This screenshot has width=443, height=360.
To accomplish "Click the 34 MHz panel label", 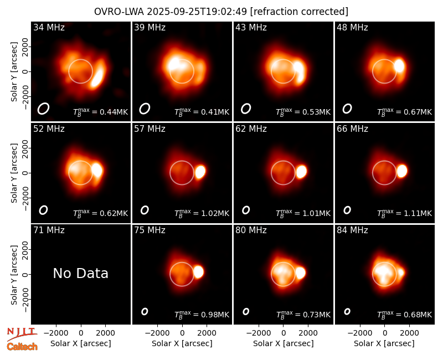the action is (49, 27).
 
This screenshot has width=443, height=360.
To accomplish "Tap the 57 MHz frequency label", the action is (150, 129).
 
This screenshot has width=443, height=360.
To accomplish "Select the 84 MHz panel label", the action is (352, 230).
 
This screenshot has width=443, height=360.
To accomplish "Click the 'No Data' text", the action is (80, 273).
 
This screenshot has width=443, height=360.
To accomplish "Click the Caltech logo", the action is (22, 347).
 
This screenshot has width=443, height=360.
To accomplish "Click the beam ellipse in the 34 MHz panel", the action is (43, 109).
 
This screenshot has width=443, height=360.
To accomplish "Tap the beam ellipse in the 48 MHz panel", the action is (347, 109).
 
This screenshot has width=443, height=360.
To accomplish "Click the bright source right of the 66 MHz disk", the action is (402, 171).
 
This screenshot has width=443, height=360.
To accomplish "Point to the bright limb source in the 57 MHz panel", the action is (200, 172).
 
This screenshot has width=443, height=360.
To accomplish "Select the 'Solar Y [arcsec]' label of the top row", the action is (14, 72).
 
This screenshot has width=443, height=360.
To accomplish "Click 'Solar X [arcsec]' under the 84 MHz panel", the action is (384, 343).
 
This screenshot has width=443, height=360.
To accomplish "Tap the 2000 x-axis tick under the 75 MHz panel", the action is (207, 333).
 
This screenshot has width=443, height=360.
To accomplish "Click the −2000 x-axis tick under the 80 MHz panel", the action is (259, 333).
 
